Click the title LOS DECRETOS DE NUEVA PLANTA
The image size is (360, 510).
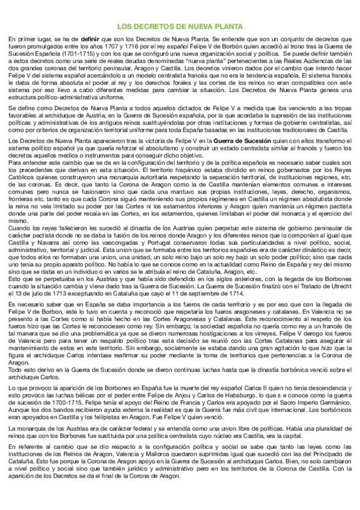pos(180,27)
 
